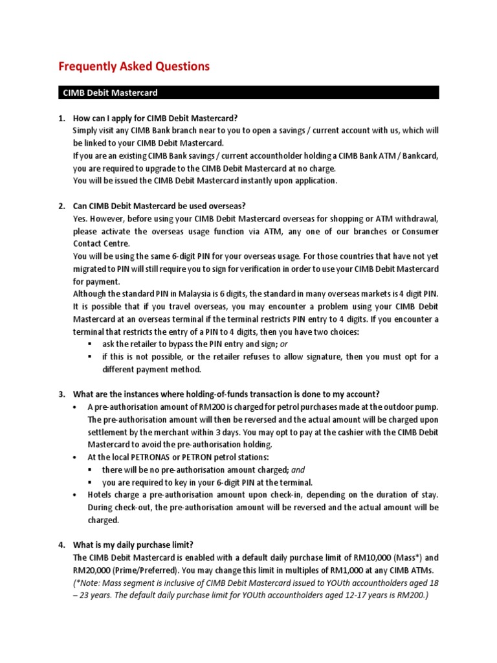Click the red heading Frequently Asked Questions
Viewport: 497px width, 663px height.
point(134,66)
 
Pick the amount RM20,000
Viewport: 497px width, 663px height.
point(93,570)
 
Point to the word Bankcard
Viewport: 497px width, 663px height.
point(417,155)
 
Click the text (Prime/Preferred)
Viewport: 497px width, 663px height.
point(146,570)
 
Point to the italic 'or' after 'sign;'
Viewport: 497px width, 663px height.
point(283,344)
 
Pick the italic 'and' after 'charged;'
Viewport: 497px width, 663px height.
point(289,469)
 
